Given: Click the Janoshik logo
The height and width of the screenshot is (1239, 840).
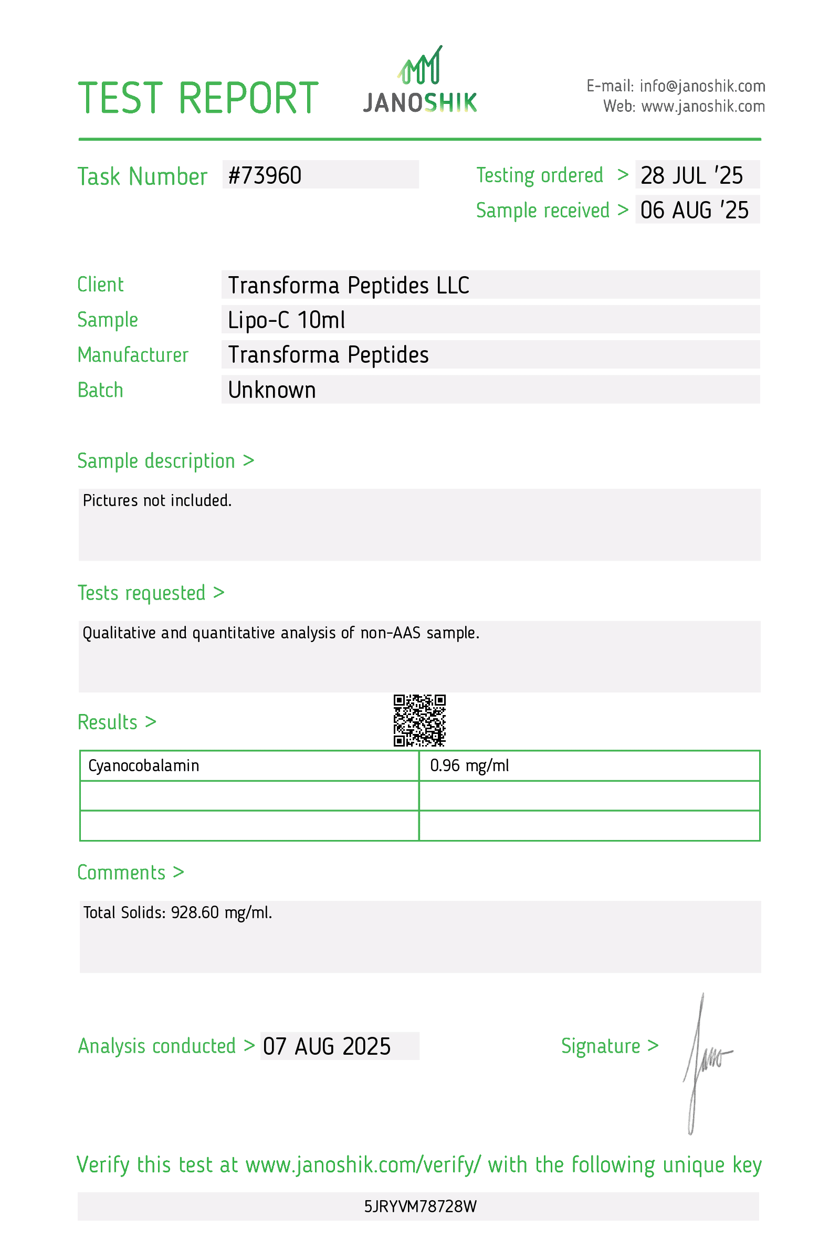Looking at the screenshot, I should [419, 81].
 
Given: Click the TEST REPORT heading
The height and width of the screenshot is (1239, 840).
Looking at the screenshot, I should [198, 99].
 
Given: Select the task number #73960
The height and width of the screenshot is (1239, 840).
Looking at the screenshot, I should [265, 176].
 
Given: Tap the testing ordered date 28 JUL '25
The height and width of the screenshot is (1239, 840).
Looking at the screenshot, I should [691, 176].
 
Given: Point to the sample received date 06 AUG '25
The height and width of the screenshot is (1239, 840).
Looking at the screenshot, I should [694, 211].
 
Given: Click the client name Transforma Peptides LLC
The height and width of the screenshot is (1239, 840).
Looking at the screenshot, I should [349, 286].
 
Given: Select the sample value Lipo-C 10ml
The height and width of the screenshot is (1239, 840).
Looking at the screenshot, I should [286, 320].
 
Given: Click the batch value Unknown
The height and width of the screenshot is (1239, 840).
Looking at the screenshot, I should [272, 390].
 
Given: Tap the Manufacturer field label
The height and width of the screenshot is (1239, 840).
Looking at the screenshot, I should [133, 355].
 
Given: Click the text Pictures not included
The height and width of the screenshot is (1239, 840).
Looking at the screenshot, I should [157, 501].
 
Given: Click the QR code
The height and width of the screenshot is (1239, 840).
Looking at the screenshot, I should [419, 720].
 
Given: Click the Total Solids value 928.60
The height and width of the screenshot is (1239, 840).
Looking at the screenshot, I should [195, 913].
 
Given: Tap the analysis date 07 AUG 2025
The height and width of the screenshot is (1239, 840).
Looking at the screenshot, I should [327, 1046].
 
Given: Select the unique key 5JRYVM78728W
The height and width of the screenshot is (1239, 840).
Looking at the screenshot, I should [420, 1206].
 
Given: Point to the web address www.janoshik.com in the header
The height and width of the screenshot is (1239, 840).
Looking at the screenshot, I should [702, 107].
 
